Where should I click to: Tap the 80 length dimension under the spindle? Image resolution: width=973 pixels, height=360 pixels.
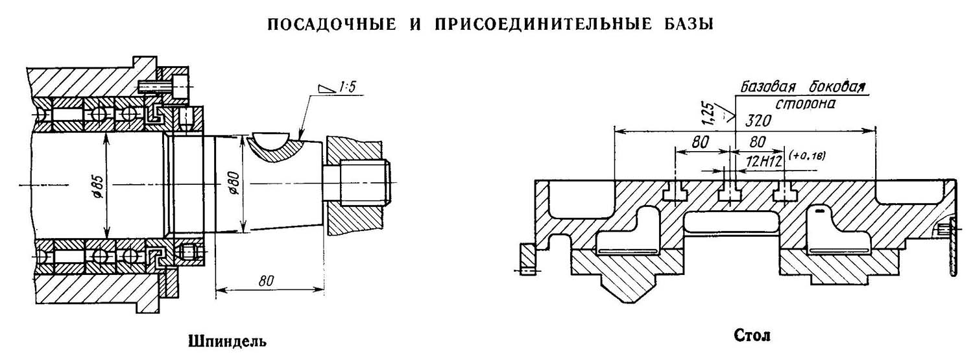pos(265,280)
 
